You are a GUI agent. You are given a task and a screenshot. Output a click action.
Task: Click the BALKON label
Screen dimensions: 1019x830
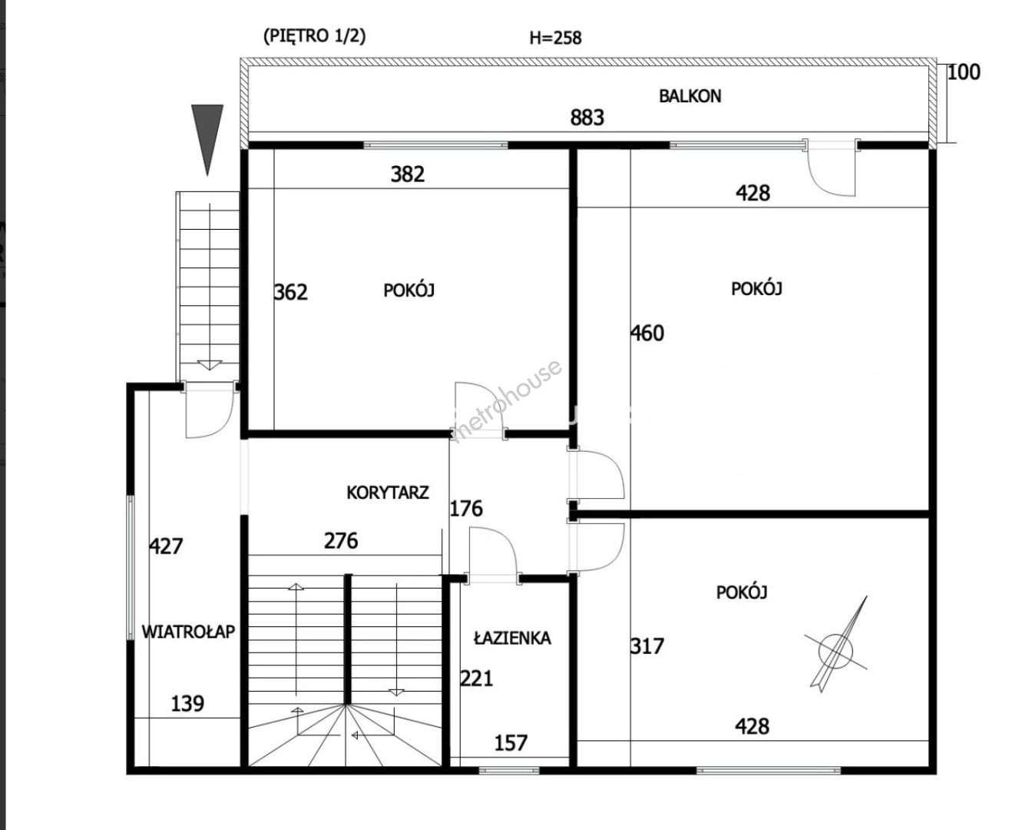coord(690,96)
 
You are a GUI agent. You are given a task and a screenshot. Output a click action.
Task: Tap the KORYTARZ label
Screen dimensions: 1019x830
coord(388,493)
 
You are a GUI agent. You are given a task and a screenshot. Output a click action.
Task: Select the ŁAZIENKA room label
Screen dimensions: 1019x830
coord(512,638)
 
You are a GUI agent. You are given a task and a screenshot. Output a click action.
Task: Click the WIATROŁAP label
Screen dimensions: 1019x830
coord(188,632)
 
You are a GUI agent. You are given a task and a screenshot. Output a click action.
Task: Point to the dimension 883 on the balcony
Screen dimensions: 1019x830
coord(587,118)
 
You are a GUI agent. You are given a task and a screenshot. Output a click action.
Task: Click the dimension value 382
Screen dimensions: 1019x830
coord(408,174)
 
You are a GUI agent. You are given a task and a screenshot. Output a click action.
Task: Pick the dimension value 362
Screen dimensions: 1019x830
coord(290,292)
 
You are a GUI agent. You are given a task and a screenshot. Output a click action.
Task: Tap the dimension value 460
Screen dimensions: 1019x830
coord(647,333)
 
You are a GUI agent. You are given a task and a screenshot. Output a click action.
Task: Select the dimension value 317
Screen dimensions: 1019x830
coord(647,646)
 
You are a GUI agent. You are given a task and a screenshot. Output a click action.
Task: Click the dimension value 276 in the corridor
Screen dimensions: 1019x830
coord(341,541)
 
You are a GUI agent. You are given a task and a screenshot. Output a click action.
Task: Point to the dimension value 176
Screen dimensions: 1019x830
coord(466,508)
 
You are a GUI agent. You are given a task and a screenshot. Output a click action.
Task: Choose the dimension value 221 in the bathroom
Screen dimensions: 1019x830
coord(477,679)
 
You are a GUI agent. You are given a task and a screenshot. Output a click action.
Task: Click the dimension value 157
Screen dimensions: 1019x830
coord(511,743)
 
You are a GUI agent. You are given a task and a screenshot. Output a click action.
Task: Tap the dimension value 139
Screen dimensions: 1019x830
coord(187,704)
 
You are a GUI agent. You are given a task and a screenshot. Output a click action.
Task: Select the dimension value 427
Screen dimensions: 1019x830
coord(166,546)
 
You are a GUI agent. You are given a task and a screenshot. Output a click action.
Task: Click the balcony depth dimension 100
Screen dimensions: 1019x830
coord(964,72)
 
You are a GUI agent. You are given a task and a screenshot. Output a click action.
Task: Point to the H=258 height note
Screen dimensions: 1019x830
coord(555,38)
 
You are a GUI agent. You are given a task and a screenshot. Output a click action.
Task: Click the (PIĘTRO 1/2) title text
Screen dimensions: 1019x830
coord(315,36)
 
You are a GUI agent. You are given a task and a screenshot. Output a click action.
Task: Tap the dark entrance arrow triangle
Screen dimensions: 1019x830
coord(207,137)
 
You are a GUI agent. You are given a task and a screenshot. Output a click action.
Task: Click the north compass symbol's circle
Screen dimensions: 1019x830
coord(835,651)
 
